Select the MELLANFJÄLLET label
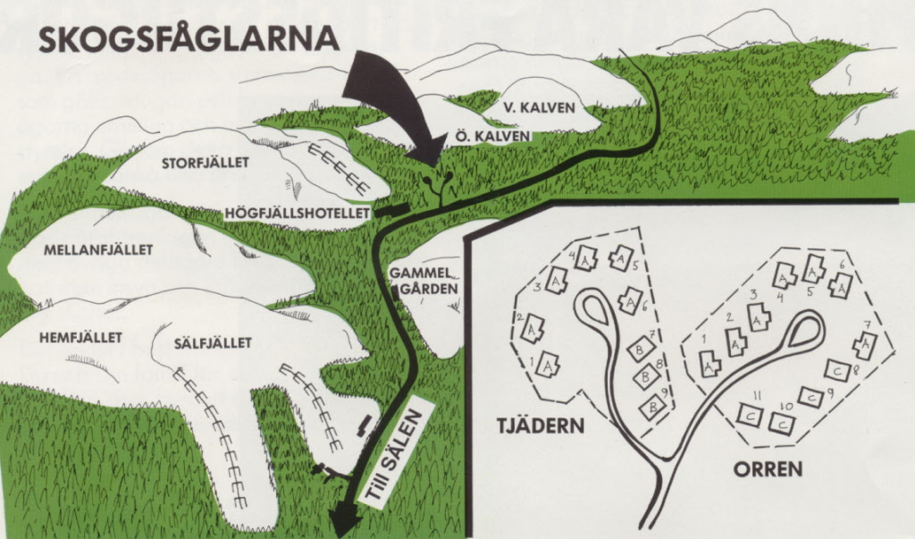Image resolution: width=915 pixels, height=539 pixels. pos(98,249)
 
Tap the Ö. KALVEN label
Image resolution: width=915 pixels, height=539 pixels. pos(492,136)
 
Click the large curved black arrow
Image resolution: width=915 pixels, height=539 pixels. pos(393,98)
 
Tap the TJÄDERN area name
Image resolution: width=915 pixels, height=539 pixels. pos(541,425)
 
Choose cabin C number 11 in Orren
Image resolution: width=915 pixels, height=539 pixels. pos(749,414)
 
